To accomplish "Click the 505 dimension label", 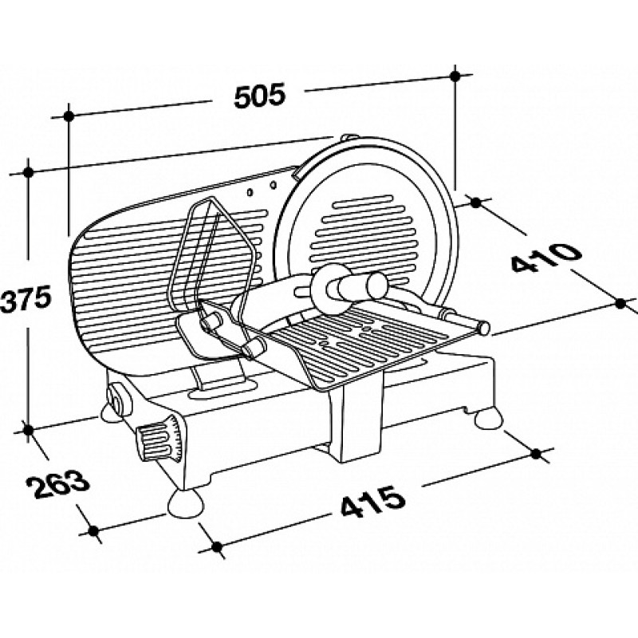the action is pyautogui.click(x=261, y=96).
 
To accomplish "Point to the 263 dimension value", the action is pyautogui.click(x=56, y=484).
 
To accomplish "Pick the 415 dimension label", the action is pyautogui.click(x=373, y=501).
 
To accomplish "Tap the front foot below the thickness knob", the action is pyautogui.click(x=186, y=503).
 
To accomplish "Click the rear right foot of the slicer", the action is pyautogui.click(x=490, y=419).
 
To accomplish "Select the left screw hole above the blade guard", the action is pyautogui.click(x=250, y=191).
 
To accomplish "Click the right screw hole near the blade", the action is pyautogui.click(x=274, y=186).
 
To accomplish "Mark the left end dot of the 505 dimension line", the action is pyautogui.click(x=69, y=116).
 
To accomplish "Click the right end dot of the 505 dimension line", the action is pyautogui.click(x=455, y=76).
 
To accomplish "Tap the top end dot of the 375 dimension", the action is pyautogui.click(x=28, y=172).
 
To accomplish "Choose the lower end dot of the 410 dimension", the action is pyautogui.click(x=620, y=303).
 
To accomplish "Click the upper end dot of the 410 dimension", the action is pyautogui.click(x=475, y=203).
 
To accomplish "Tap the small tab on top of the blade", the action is pyautogui.click(x=349, y=138).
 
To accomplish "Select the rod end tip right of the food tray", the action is pyautogui.click(x=484, y=327).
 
